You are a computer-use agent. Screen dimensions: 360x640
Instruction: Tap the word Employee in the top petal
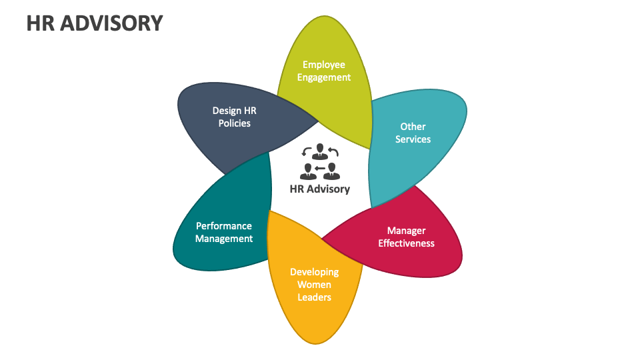click(324, 65)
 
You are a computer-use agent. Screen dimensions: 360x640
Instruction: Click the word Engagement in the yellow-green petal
click(324, 77)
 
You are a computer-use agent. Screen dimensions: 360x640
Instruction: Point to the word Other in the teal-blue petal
click(413, 126)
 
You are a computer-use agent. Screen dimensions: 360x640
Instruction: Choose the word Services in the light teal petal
click(413, 139)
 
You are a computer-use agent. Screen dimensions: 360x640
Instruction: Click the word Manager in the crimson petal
click(406, 231)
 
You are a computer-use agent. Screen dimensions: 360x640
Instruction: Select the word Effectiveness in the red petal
click(406, 243)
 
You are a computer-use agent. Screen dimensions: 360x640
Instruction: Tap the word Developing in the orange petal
click(314, 272)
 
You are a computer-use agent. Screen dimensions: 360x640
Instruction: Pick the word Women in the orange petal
click(314, 285)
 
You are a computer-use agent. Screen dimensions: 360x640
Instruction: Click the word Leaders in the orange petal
click(314, 297)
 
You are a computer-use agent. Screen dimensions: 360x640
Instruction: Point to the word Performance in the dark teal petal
click(224, 226)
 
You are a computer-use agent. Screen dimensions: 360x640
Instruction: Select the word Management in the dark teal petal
click(224, 239)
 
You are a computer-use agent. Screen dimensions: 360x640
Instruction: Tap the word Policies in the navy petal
click(234, 123)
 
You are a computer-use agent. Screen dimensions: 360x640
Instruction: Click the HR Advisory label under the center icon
click(320, 189)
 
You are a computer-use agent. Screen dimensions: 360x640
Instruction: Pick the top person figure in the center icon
click(320, 151)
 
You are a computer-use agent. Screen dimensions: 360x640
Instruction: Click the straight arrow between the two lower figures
click(320, 168)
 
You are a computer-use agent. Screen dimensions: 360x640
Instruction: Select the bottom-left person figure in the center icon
click(308, 171)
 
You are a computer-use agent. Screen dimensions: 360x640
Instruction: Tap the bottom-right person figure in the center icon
click(332, 171)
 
